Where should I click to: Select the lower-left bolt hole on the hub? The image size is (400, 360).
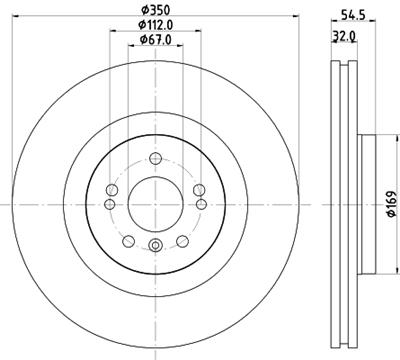pyautogui.click(x=128, y=240)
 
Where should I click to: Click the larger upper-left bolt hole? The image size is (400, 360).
pyautogui.click(x=112, y=189)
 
